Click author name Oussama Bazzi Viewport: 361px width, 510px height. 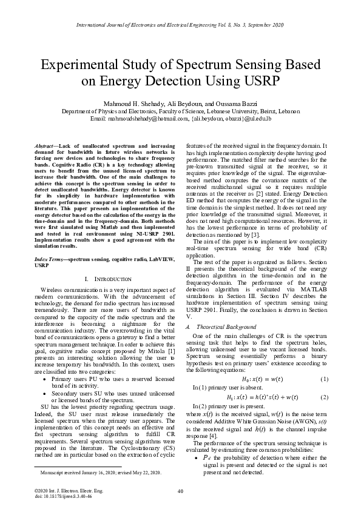[x=238, y=103]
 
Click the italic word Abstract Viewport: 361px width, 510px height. [x=45, y=147]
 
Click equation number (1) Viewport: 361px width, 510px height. [x=324, y=379]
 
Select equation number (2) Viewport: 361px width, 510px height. [x=324, y=397]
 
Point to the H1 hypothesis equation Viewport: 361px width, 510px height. [x=269, y=397]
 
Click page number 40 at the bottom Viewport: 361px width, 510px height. [x=180, y=491]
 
